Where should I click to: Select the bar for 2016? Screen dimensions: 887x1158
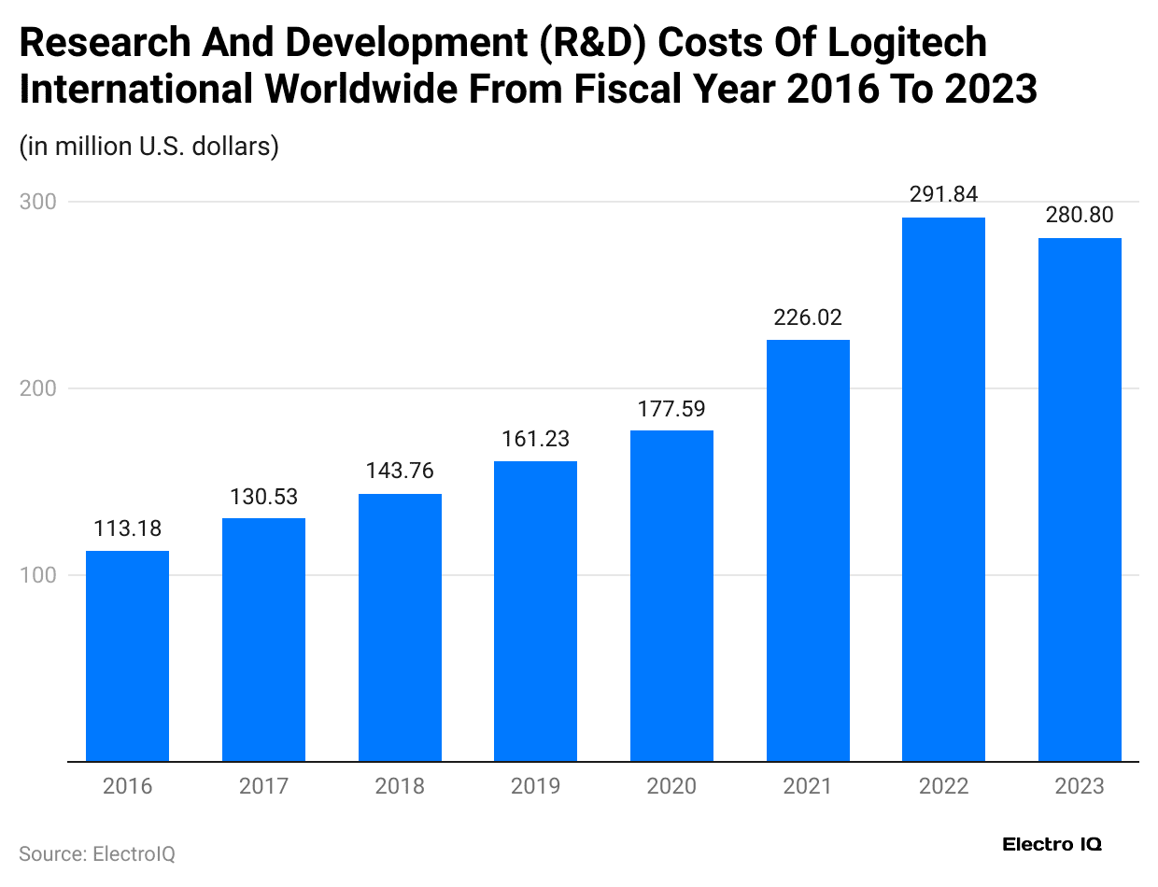pyautogui.click(x=127, y=655)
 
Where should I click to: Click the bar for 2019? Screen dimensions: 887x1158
pyautogui.click(x=535, y=611)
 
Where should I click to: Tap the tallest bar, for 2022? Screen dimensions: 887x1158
pyautogui.click(x=943, y=489)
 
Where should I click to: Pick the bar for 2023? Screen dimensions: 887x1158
pyautogui.click(x=1080, y=500)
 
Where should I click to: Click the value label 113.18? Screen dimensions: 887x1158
pyautogui.click(x=127, y=529)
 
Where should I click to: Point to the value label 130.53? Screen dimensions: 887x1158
pyautogui.click(x=263, y=497)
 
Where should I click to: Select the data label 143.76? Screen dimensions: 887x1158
pyautogui.click(x=400, y=472)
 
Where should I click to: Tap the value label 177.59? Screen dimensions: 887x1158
pyautogui.click(x=671, y=409)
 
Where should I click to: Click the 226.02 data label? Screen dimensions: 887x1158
pyautogui.click(x=808, y=318)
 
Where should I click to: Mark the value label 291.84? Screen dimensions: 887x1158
pyautogui.click(x=943, y=195)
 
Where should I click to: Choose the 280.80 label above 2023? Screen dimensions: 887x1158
pyautogui.click(x=1080, y=216)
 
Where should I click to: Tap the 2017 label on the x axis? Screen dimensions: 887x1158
pyautogui.click(x=263, y=786)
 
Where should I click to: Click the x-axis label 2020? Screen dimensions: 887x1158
pyautogui.click(x=671, y=786)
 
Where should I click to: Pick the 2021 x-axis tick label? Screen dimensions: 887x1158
pyautogui.click(x=808, y=786)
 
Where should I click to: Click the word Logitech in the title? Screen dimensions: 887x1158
pyautogui.click(x=896, y=43)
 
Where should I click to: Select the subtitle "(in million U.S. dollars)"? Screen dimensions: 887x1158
pyautogui.click(x=149, y=147)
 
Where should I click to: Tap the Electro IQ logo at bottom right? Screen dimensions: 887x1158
pyautogui.click(x=1052, y=844)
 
